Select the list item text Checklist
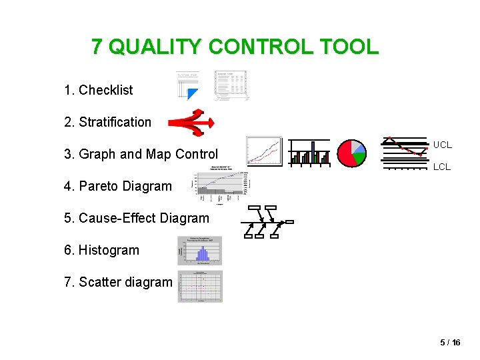tap(105, 90)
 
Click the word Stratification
tap(115, 122)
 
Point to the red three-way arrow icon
tap(191, 123)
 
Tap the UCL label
tap(442, 145)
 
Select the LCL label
tap(442, 167)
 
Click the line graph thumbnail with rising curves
tap(264, 151)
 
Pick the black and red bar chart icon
tap(310, 153)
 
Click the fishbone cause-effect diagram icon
tap(267, 222)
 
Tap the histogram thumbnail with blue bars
tap(200, 251)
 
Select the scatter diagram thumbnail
tap(200, 286)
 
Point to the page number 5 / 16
tap(450, 342)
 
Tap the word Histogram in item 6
tap(109, 250)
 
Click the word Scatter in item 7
tap(98, 282)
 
